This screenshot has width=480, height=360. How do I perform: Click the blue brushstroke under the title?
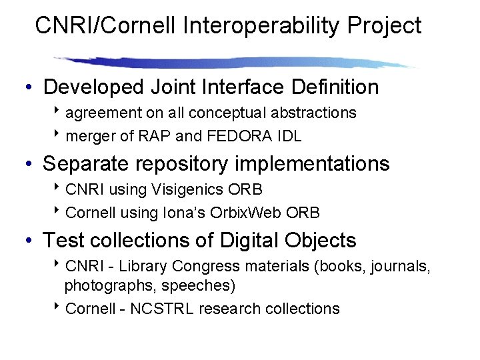(233, 63)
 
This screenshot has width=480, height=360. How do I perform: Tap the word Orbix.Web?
(249, 213)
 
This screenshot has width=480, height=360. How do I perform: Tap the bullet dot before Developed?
(30, 88)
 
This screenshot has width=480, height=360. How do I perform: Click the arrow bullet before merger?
(59, 136)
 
